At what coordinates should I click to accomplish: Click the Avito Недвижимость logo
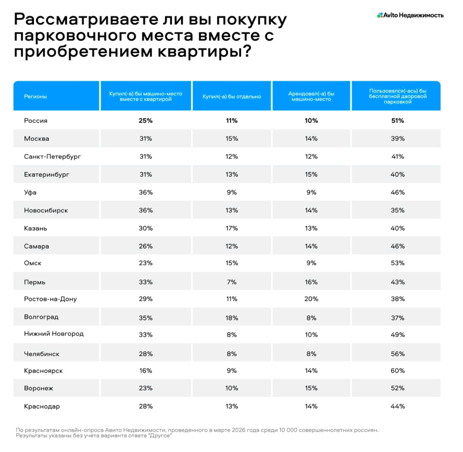[410, 15]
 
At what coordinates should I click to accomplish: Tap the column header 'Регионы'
[35, 96]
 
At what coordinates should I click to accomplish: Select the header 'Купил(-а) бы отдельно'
[232, 96]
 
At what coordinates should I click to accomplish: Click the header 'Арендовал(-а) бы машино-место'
[311, 96]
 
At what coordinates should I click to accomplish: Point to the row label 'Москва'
[37, 138]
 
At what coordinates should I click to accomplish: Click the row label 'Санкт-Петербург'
[52, 157]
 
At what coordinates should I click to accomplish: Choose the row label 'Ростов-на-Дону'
[50, 299]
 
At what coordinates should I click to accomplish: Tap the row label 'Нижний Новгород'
[54, 334]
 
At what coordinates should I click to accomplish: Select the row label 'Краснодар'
[42, 406]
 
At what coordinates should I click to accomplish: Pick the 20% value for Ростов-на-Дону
[311, 299]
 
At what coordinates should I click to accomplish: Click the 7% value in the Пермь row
[232, 282]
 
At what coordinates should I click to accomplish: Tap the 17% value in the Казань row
[232, 228]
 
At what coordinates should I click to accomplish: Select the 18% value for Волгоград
[232, 318]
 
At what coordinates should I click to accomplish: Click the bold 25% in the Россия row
[146, 121]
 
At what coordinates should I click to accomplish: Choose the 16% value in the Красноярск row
[146, 371]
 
